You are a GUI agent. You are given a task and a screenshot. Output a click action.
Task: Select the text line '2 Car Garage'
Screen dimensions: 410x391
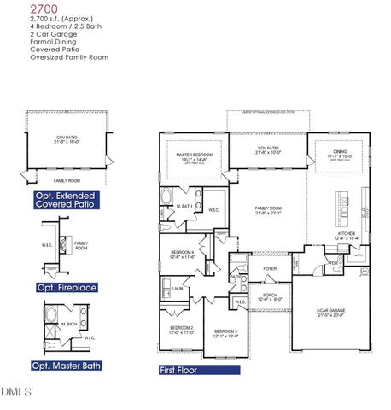[x=25, y=33]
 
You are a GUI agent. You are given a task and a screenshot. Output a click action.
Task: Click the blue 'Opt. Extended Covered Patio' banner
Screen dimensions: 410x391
[x=65, y=199]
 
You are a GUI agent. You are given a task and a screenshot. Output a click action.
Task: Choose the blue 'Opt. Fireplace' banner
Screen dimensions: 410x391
[x=65, y=286]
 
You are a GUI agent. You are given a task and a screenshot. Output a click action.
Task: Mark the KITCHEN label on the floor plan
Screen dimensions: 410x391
[x=346, y=233]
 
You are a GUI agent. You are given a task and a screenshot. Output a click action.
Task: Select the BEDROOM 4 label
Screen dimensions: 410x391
[x=182, y=253]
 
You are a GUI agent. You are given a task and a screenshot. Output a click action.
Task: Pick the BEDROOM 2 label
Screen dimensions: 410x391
[x=180, y=328]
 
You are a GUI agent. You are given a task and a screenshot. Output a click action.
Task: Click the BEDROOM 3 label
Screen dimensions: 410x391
[x=225, y=331]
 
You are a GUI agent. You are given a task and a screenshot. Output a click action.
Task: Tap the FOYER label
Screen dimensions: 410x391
[x=270, y=268]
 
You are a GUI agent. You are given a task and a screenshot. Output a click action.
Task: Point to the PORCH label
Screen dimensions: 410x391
[x=270, y=295]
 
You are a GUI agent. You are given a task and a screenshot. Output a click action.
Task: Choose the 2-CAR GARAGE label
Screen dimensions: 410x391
[x=329, y=311]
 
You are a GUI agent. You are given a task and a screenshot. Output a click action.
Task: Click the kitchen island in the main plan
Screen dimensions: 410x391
[x=344, y=208]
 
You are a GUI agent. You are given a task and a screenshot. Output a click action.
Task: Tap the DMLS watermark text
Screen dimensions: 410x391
[x=15, y=392]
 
